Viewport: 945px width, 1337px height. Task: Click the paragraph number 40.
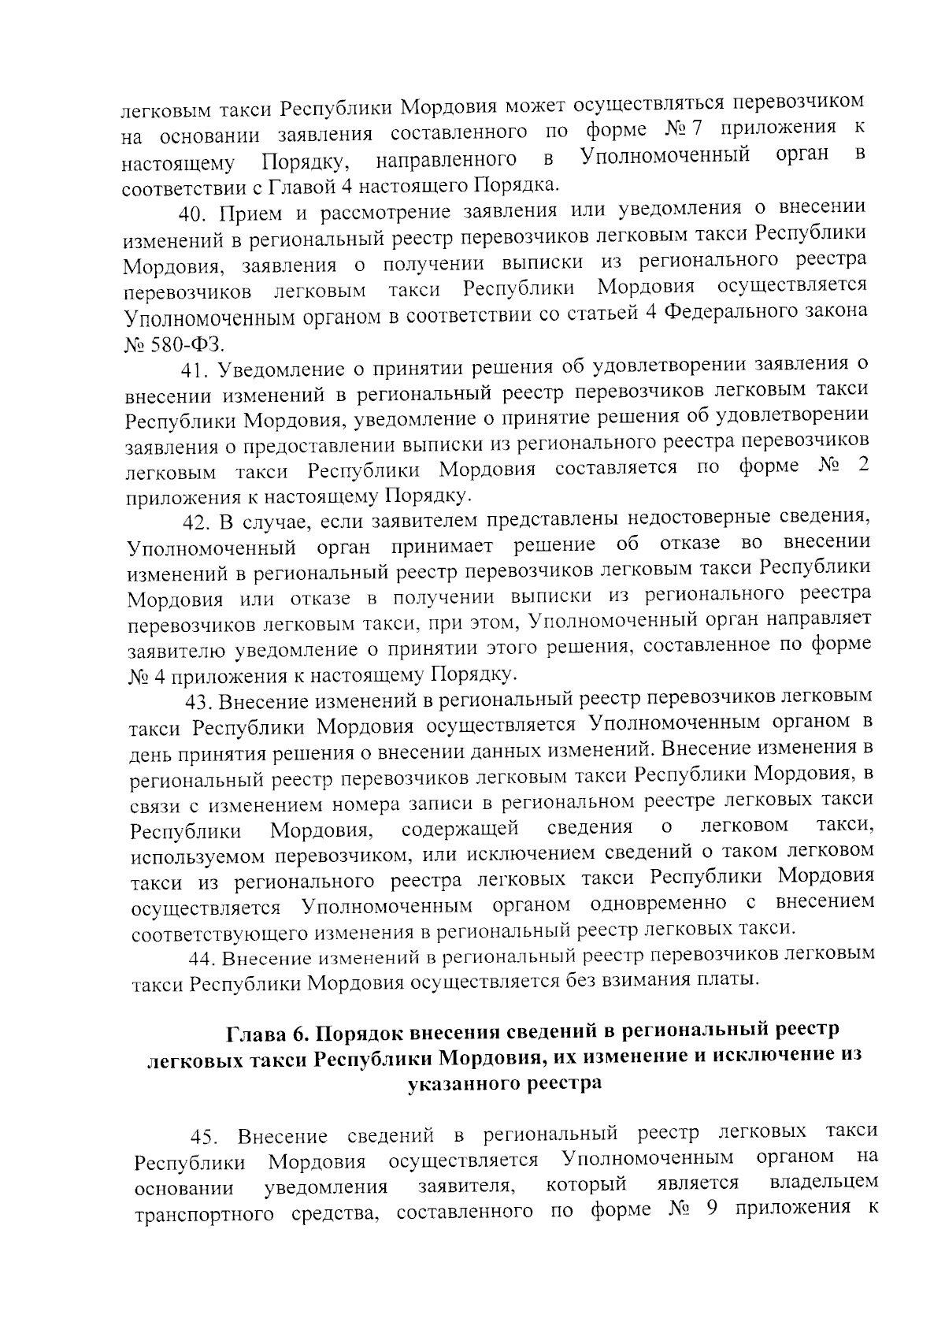click(x=194, y=214)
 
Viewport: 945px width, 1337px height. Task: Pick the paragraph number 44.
click(x=202, y=958)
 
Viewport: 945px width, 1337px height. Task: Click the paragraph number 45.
click(x=205, y=1137)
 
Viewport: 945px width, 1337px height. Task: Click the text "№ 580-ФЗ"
click(x=173, y=344)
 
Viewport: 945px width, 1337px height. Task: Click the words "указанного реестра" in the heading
click(x=505, y=1083)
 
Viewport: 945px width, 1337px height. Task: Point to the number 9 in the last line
click(x=710, y=1209)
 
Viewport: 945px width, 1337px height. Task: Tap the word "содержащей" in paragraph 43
click(x=459, y=829)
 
